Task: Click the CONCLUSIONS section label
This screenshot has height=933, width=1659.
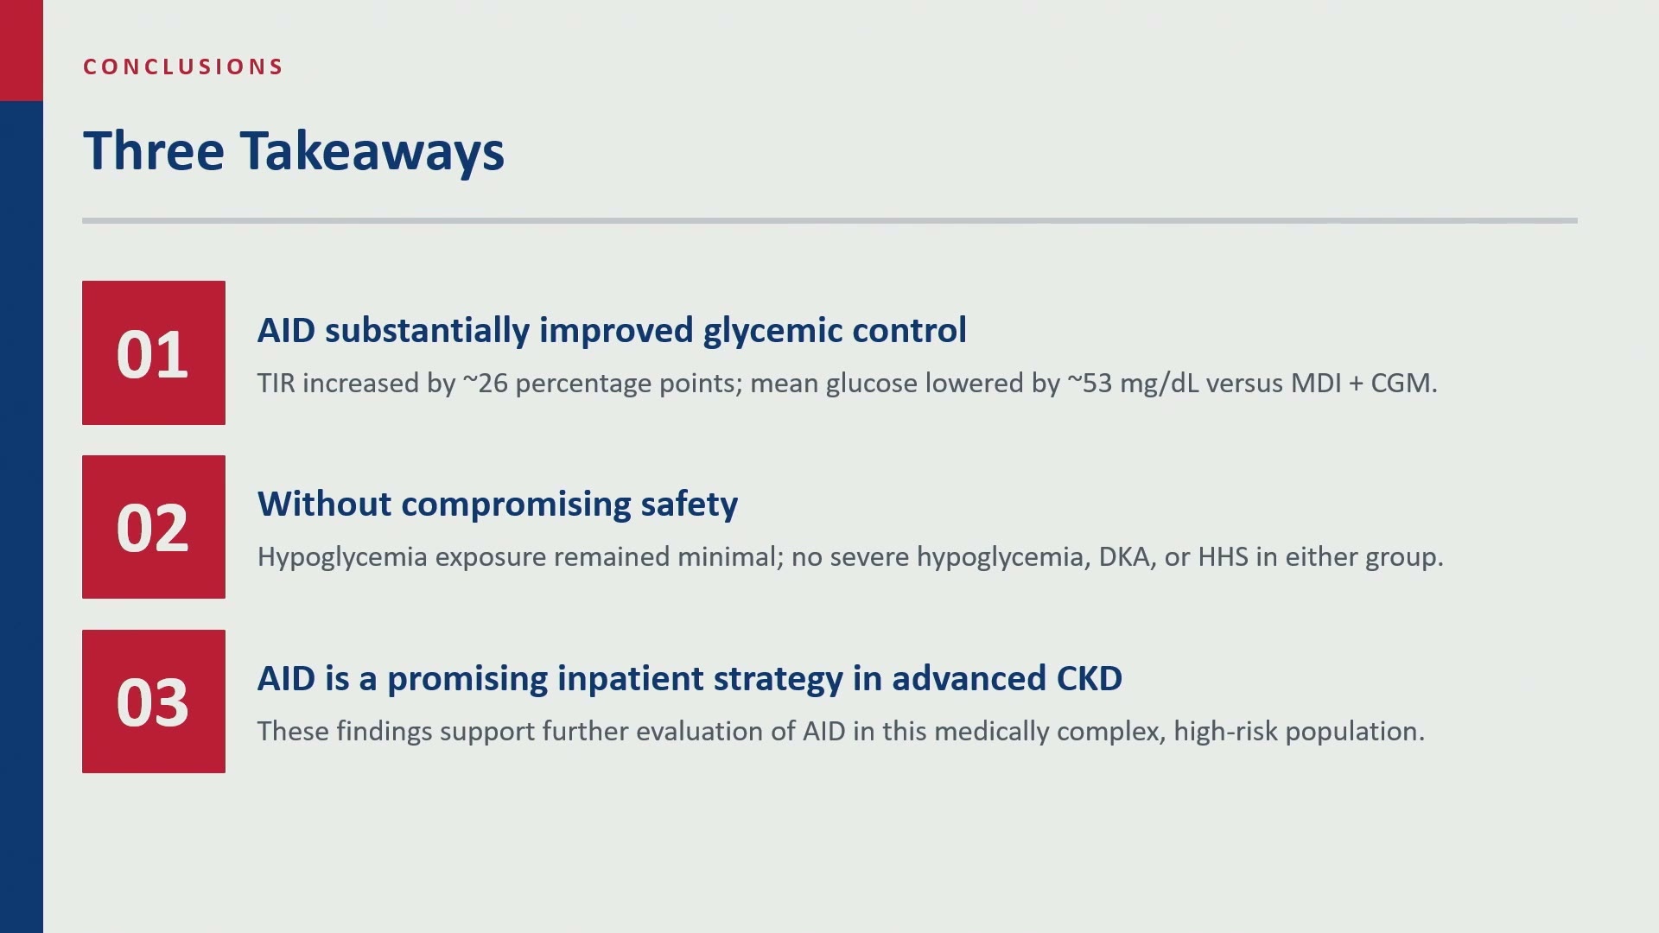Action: pos(183,67)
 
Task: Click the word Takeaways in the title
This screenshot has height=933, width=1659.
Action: pos(372,152)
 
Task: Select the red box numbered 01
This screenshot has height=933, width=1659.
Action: pos(154,352)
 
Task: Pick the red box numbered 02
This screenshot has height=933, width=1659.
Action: pos(154,527)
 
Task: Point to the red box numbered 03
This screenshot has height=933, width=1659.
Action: pos(154,701)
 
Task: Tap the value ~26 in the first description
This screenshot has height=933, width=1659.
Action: pos(486,383)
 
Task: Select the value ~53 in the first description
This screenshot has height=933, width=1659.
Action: pos(1090,383)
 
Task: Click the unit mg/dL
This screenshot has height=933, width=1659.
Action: pos(1160,384)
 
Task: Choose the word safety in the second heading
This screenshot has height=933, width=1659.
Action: pos(689,505)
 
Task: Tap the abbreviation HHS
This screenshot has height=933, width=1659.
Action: pos(1223,556)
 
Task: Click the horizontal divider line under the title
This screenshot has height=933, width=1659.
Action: pos(829,220)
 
